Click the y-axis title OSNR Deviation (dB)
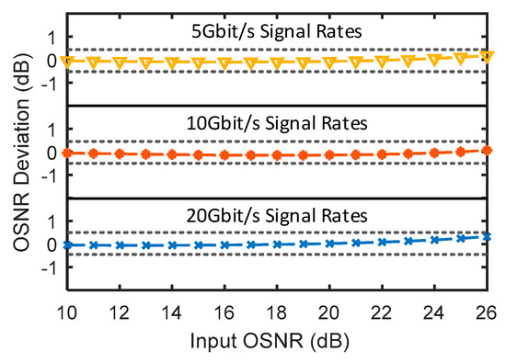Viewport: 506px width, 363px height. (18, 152)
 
